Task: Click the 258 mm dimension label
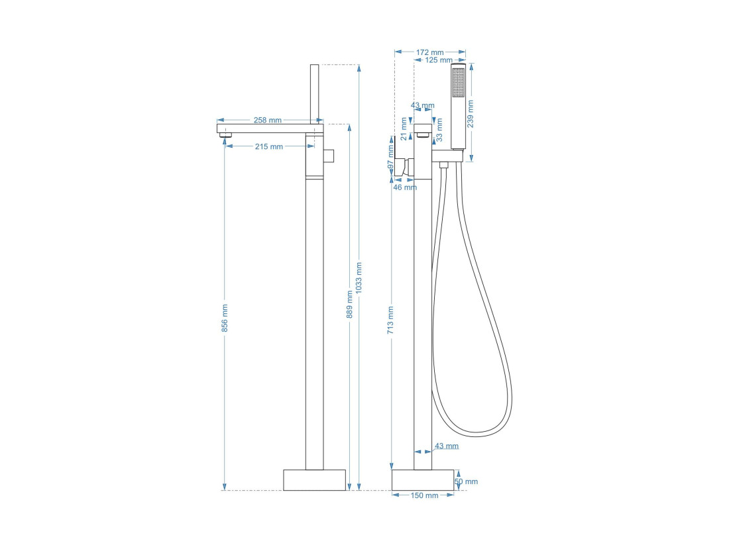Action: click(x=267, y=120)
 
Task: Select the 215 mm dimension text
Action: click(x=268, y=146)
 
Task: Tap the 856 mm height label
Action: click(x=225, y=318)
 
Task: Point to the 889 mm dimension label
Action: click(x=350, y=305)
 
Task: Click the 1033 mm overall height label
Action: click(x=359, y=278)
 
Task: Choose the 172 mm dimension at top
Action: click(x=429, y=52)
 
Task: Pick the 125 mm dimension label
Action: click(x=439, y=60)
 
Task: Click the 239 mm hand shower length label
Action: click(x=470, y=114)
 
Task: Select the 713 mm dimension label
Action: click(x=390, y=321)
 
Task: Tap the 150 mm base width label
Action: click(x=424, y=495)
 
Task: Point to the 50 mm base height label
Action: click(x=467, y=481)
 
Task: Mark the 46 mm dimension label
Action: click(x=405, y=187)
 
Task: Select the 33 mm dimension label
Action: click(x=439, y=130)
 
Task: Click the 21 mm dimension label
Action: click(x=404, y=128)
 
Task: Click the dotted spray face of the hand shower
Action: click(x=459, y=83)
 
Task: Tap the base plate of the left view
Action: click(x=315, y=479)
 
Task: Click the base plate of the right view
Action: click(x=423, y=479)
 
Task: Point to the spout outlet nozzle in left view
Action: click(x=227, y=135)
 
